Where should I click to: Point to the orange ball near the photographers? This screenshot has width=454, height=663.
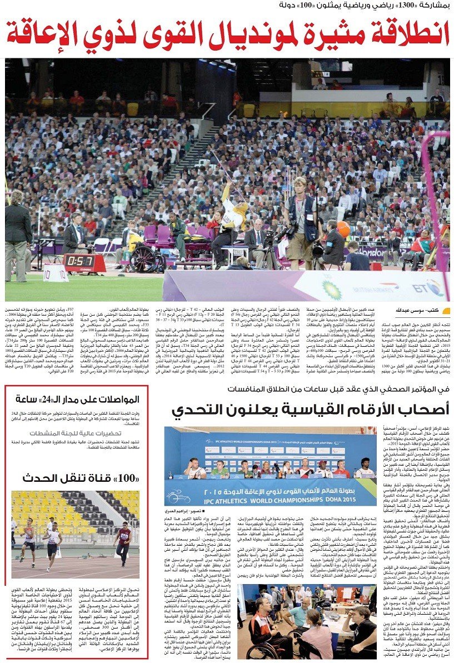[x=343, y=229]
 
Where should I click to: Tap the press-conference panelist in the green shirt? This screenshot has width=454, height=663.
[x=219, y=470]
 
